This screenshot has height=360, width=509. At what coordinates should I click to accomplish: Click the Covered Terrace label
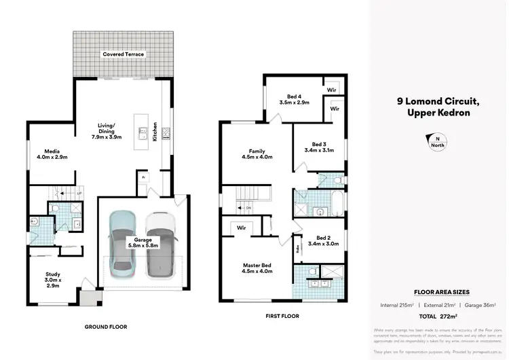[x=124, y=54]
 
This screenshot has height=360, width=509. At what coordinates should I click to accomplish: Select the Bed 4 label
[x=294, y=99]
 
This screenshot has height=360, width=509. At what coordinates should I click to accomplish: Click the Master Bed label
[x=257, y=268]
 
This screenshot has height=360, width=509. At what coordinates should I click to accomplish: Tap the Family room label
[x=257, y=154]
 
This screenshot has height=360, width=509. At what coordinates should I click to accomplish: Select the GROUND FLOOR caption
[x=105, y=327]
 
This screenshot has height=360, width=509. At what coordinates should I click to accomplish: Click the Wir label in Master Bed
[x=241, y=228]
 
